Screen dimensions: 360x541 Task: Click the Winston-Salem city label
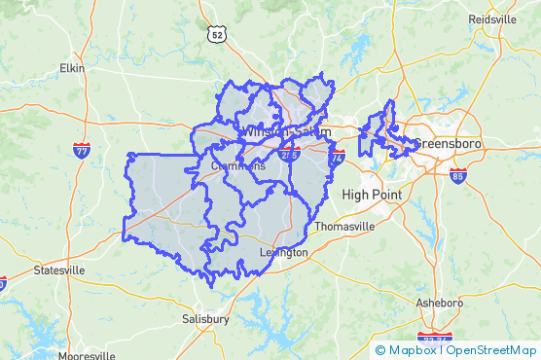286,131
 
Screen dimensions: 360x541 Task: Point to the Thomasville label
343,227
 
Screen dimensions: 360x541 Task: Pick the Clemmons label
238,166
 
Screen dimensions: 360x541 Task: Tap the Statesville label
58,270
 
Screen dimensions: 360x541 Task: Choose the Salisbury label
205,318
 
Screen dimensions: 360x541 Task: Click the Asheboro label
440,303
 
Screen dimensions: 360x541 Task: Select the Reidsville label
492,19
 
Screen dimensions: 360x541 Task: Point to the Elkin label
72,68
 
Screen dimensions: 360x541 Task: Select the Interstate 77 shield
82,151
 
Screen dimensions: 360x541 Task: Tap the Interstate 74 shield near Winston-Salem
338,156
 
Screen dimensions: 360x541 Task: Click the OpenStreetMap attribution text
491,350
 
